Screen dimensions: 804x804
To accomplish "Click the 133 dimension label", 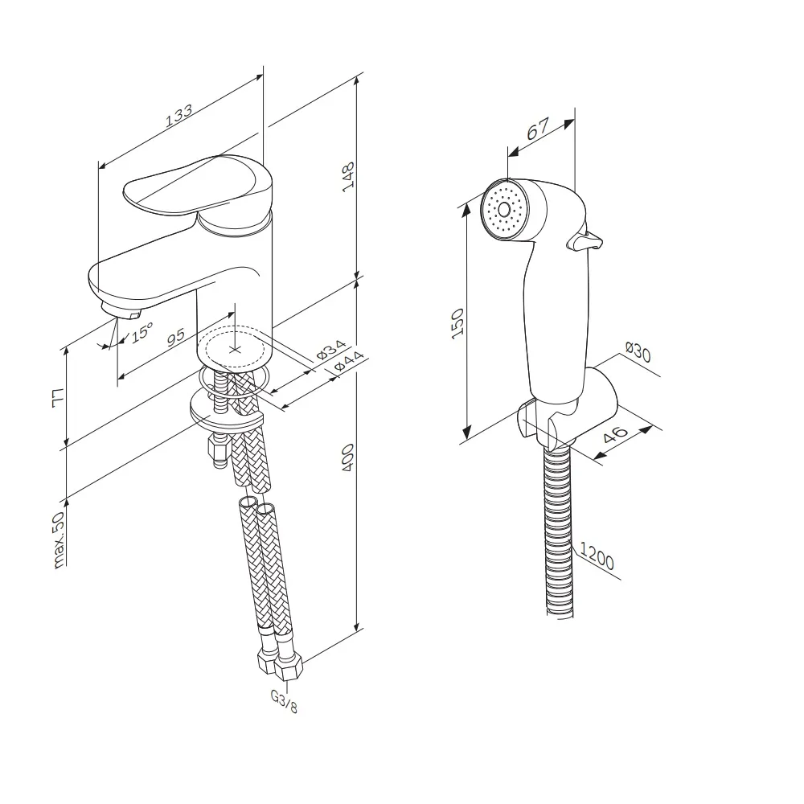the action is [179, 115].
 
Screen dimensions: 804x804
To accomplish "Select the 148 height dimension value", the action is [349, 177].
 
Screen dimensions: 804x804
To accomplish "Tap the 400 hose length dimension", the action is [348, 458].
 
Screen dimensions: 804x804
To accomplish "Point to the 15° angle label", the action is [142, 332].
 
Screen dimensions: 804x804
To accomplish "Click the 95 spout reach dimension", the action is [175, 337].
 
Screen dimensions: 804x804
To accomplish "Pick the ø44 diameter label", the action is [348, 361].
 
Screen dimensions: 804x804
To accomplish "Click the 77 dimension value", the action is [59, 398].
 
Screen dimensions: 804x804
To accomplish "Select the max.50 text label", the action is [59, 539].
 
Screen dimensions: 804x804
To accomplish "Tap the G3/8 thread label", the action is [284, 701].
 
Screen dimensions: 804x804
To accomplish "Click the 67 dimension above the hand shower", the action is [537, 129].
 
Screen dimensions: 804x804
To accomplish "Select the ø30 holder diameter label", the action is [638, 352].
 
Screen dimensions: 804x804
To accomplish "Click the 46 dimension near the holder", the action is [615, 434].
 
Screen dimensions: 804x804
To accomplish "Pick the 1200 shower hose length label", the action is [597, 557].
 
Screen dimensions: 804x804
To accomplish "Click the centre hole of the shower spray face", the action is [504, 209].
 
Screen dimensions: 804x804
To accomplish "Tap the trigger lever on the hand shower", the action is [584, 240].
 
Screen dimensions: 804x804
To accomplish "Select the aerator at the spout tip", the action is [121, 310].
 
